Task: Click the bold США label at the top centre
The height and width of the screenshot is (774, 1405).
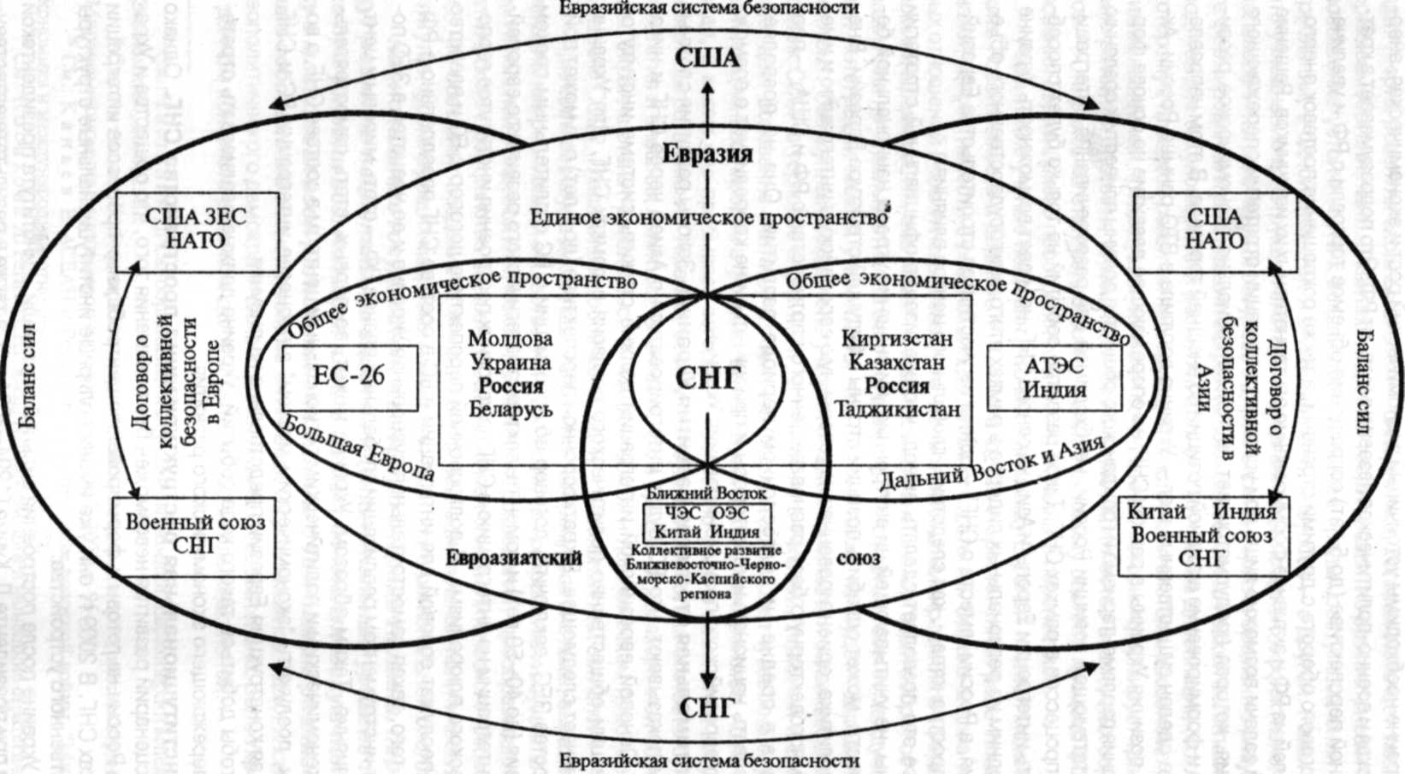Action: point(707,59)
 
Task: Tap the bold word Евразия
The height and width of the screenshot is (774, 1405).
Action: point(708,154)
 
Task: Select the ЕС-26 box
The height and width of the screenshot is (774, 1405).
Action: point(350,378)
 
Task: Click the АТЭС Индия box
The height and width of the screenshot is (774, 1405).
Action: point(1054,378)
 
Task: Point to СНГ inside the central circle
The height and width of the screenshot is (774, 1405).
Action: point(708,378)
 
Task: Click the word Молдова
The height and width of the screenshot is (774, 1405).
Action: point(511,339)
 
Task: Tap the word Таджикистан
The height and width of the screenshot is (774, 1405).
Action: point(897,409)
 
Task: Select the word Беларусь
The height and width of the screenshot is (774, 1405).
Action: point(511,409)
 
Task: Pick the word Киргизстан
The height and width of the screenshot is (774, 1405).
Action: point(897,339)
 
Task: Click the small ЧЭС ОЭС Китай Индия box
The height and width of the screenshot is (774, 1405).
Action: point(707,523)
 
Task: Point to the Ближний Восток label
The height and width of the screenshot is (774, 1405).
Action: point(706,493)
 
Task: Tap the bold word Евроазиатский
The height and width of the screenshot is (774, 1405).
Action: point(514,558)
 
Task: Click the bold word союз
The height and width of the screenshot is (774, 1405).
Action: point(858,558)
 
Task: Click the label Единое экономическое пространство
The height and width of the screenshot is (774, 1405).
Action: point(708,217)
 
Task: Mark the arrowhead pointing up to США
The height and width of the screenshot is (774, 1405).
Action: point(707,86)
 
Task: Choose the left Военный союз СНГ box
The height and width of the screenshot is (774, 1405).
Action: point(195,534)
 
